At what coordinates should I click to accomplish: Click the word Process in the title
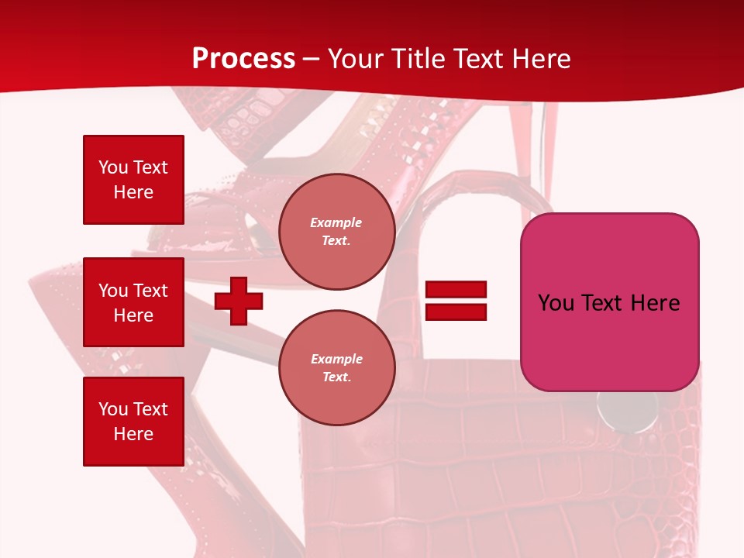point(243,59)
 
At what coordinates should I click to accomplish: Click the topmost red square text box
point(133,180)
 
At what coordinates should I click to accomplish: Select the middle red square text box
point(133,302)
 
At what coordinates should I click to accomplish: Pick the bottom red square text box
point(133,422)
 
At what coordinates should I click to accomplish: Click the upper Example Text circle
point(336,232)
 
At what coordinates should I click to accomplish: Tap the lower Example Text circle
point(336,368)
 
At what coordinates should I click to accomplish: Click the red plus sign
point(239,301)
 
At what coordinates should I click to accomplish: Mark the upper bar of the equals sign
point(456,289)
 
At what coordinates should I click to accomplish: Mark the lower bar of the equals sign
point(456,312)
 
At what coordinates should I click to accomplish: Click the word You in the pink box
point(556,303)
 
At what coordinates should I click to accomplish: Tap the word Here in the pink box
point(655,303)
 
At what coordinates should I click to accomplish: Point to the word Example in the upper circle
point(336,222)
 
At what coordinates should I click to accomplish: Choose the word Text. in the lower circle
point(336,377)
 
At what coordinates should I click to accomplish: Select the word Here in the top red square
point(133,192)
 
